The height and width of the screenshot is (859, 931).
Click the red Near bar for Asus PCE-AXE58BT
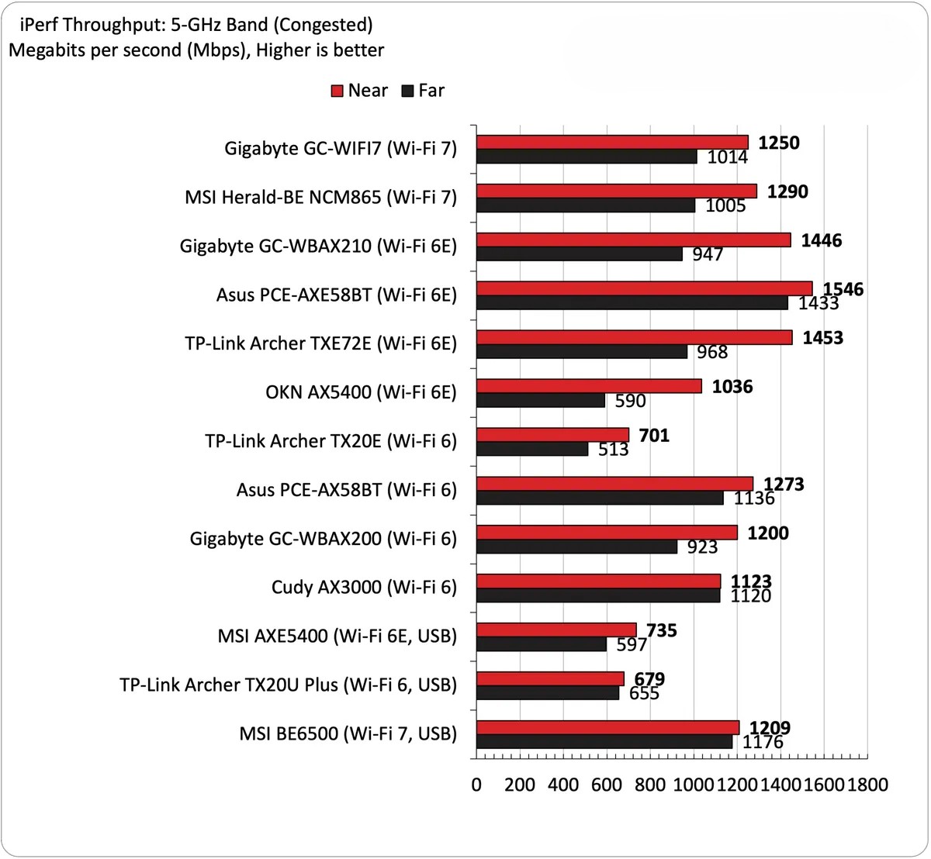pyautogui.click(x=644, y=288)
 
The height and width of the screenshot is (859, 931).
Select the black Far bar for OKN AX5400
pyautogui.click(x=540, y=400)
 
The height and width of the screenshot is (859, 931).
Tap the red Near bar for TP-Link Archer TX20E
pyautogui.click(x=552, y=434)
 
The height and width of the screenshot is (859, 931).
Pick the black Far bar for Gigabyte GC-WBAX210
pyautogui.click(x=579, y=254)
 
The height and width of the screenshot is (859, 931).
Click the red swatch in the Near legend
pyautogui.click(x=337, y=91)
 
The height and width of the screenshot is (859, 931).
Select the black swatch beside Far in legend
pyautogui.click(x=408, y=91)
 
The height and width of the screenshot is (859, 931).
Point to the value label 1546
pyautogui.click(x=843, y=289)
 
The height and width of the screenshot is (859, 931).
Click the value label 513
pyautogui.click(x=613, y=450)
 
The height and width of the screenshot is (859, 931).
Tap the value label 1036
pyautogui.click(x=732, y=386)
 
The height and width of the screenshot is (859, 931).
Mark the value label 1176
pyautogui.click(x=763, y=742)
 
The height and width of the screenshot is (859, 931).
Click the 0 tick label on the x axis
pyautogui.click(x=476, y=785)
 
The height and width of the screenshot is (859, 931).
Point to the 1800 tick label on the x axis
pyautogui.click(x=867, y=785)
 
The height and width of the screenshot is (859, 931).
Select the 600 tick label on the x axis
pyautogui.click(x=607, y=785)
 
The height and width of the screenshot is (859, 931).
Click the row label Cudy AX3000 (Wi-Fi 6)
pyautogui.click(x=364, y=587)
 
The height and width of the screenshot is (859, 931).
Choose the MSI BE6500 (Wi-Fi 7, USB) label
pyautogui.click(x=348, y=733)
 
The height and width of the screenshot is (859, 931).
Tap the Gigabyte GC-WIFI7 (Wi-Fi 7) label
pyautogui.click(x=341, y=148)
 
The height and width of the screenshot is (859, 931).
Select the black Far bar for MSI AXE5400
pyautogui.click(x=541, y=644)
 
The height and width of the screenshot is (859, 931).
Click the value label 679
pyautogui.click(x=649, y=679)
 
